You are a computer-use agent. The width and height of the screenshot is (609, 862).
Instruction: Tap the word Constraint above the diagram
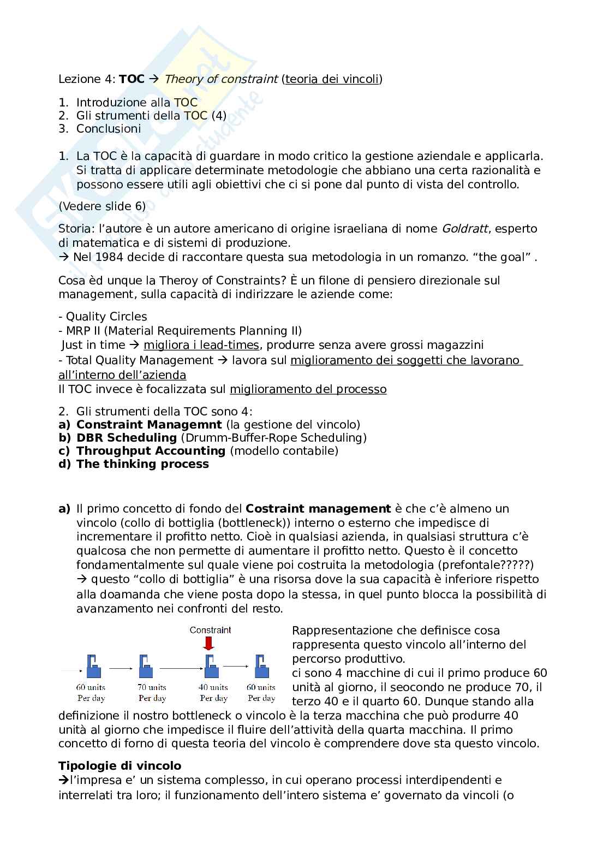(x=211, y=630)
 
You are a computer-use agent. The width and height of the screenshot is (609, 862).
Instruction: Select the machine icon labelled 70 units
(x=145, y=667)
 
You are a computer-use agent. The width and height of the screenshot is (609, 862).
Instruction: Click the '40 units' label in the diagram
(x=213, y=687)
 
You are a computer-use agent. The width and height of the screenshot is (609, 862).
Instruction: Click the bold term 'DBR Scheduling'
(x=127, y=438)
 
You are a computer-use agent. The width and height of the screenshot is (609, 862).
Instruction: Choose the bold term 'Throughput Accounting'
(x=151, y=451)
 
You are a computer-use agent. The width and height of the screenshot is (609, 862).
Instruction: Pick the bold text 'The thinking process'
(x=142, y=464)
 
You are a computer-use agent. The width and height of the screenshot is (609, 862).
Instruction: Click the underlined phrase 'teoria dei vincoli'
(x=332, y=79)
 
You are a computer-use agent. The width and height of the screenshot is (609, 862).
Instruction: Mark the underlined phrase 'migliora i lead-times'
(x=201, y=345)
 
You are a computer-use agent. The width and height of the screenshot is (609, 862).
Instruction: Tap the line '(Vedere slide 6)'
(x=102, y=206)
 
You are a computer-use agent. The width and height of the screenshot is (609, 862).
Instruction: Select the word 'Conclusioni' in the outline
(x=109, y=129)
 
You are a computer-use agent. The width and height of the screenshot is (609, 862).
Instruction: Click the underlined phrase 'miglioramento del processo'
(x=308, y=389)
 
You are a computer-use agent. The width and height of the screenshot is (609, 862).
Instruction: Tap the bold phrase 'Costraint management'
(x=319, y=509)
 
